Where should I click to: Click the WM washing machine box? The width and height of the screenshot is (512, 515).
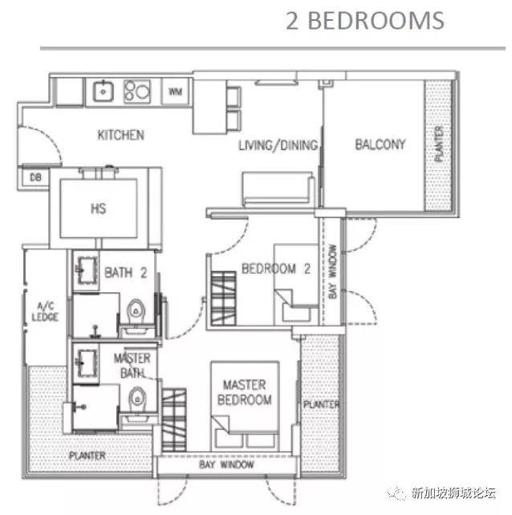[176, 91]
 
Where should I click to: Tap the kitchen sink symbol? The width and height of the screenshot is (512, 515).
[104, 91]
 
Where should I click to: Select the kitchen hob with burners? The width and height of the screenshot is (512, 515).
[137, 91]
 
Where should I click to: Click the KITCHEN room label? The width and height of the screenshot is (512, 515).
[121, 135]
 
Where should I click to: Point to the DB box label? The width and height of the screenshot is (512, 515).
[35, 178]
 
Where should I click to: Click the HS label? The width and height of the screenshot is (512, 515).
[98, 209]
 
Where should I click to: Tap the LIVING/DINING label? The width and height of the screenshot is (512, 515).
[278, 145]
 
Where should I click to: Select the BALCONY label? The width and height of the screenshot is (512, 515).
[380, 144]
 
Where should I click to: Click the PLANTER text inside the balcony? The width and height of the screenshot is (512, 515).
[439, 144]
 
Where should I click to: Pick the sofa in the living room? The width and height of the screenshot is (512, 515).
[278, 189]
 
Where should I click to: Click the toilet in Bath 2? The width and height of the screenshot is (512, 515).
[136, 311]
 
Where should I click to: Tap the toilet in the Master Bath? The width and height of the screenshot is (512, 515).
[136, 399]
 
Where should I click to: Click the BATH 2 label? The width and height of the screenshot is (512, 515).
[125, 273]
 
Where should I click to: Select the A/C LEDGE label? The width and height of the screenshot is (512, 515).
[45, 312]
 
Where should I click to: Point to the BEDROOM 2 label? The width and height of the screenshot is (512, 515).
[276, 269]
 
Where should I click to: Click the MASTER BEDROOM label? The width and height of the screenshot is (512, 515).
[245, 392]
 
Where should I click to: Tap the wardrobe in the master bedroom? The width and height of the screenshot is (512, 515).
[174, 420]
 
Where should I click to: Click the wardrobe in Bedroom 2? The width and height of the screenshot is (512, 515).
[223, 298]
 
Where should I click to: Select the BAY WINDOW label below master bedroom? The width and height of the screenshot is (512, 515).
[226, 464]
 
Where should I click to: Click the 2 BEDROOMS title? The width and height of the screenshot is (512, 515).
[365, 21]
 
